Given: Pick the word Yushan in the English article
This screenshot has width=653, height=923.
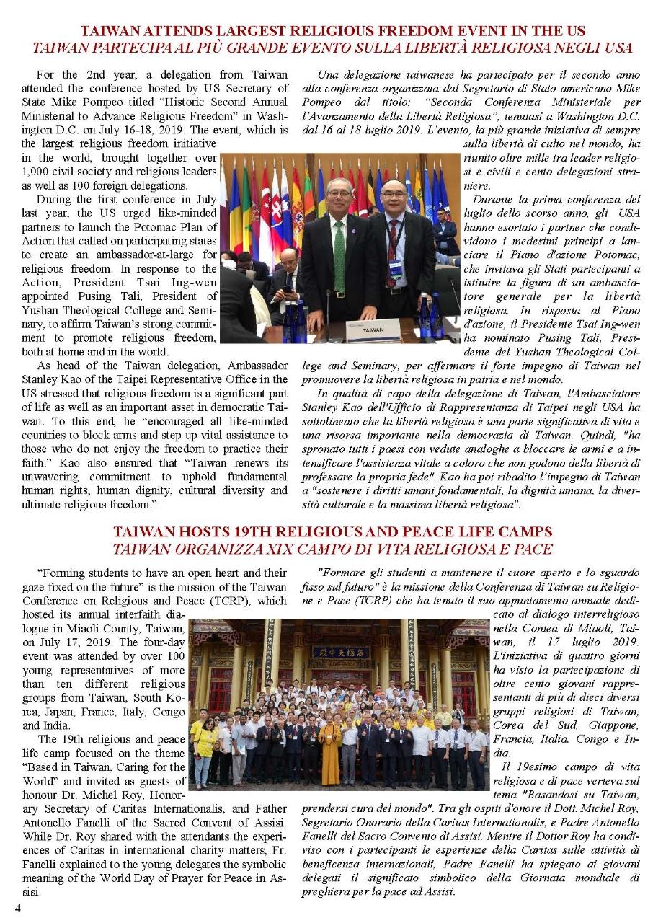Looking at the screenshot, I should [x=41, y=309].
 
